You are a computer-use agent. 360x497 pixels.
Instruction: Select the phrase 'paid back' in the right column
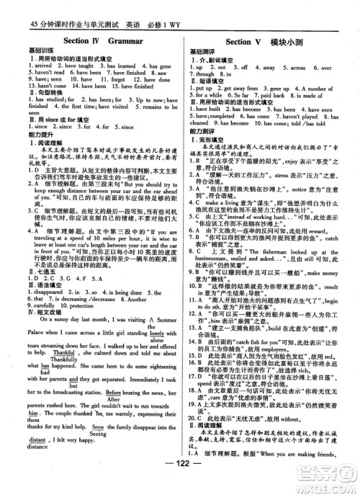coord(271,95)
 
